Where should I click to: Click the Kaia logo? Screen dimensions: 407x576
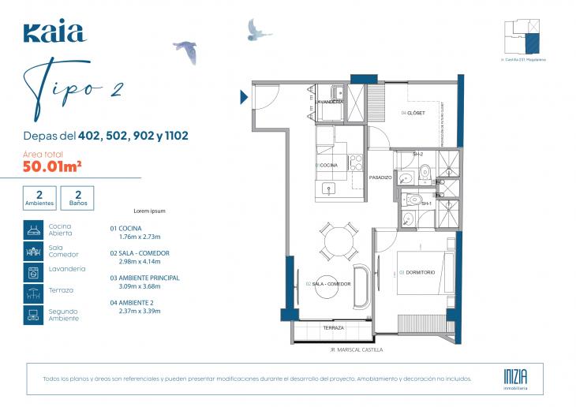[54, 32]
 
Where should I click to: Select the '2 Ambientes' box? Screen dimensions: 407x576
[39, 197]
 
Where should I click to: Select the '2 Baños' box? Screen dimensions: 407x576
[77, 197]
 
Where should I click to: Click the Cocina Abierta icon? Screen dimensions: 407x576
[33, 230]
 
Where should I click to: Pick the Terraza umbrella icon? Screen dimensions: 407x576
[33, 293]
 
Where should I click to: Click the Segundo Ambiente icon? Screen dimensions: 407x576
[33, 315]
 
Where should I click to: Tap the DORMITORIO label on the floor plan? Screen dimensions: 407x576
[419, 273]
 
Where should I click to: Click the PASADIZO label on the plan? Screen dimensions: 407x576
[380, 177]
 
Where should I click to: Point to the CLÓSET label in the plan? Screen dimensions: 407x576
[413, 114]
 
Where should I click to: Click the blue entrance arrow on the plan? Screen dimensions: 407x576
[244, 97]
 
